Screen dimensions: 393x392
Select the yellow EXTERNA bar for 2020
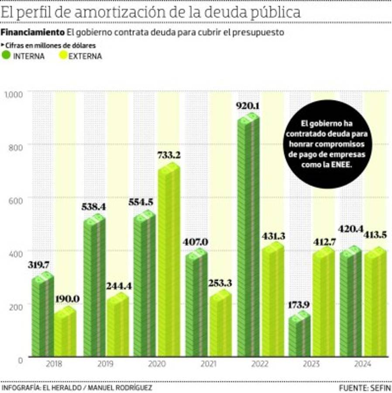pyautogui.click(x=168, y=262)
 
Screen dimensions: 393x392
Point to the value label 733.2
pyautogui.click(x=169, y=155)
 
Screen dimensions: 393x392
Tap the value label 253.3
pyautogui.click(x=220, y=283)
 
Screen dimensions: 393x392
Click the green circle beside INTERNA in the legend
pyautogui.click(x=7, y=56)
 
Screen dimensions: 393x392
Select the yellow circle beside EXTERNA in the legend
pyautogui.click(x=62, y=56)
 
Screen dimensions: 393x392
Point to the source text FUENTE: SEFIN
pyautogui.click(x=365, y=388)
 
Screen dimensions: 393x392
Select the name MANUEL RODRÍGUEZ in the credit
pyautogui.click(x=122, y=388)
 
